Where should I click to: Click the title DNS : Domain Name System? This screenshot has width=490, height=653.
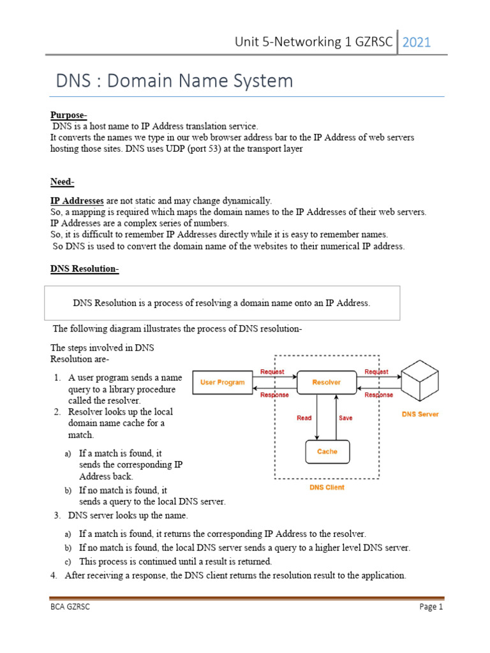[x=175, y=81]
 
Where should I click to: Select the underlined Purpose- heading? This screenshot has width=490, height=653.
[x=69, y=115]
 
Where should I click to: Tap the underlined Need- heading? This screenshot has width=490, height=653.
[x=63, y=182]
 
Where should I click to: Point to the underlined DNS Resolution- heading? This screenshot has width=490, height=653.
[x=85, y=269]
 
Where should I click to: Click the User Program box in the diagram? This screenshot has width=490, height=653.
[x=222, y=383]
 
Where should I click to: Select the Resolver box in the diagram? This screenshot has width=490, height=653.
[x=326, y=383]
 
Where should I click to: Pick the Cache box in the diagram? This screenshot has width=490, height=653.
[x=327, y=451]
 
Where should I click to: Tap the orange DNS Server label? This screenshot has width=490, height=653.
[x=420, y=415]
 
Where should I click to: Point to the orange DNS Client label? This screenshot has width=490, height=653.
[x=326, y=487]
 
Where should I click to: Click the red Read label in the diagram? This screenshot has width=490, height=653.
[x=304, y=418]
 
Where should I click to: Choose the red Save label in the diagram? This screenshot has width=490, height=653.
[x=345, y=418]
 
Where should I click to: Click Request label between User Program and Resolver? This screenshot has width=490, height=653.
[x=272, y=372]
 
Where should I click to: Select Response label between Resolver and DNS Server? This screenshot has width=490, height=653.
[x=378, y=395]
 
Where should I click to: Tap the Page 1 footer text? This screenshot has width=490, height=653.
[x=431, y=607]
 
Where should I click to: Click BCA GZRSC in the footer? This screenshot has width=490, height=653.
[x=71, y=607]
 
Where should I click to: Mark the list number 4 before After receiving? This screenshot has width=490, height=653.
[x=54, y=575]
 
